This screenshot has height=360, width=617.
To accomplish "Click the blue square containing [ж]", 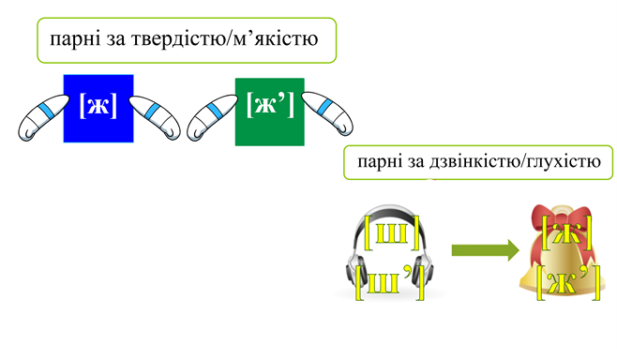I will click(98, 109).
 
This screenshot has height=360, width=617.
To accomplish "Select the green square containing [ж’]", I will click(270, 111).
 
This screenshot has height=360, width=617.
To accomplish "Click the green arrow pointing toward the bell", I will click(485, 250).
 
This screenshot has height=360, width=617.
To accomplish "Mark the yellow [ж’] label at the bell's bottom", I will click(567, 281).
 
